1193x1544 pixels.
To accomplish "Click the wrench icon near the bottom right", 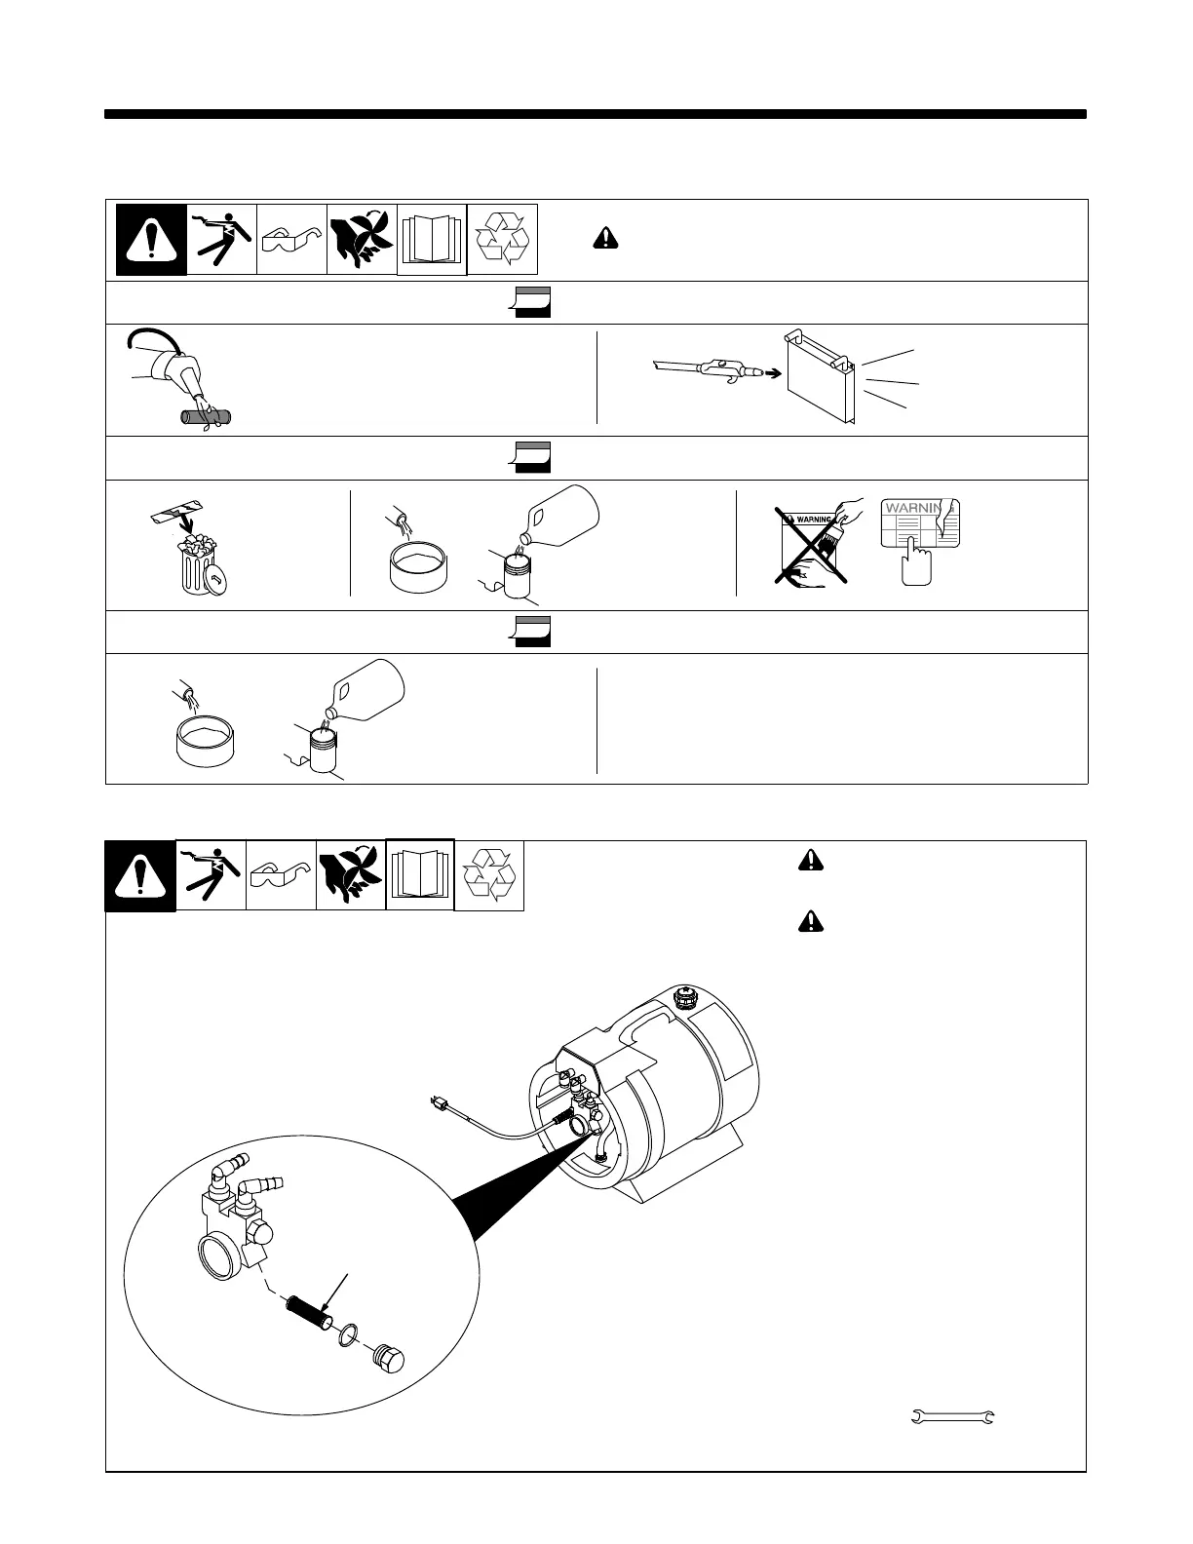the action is [952, 1416].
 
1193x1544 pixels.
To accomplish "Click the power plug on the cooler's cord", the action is [441, 1104].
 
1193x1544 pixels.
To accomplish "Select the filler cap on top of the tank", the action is [685, 998].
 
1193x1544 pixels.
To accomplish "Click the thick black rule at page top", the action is [596, 114].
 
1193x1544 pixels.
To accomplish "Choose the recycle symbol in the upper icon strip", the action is [503, 239].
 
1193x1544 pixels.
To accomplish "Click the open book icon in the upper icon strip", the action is [432, 240].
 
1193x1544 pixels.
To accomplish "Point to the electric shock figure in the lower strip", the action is [211, 875].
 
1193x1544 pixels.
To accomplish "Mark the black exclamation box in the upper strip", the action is [151, 239].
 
